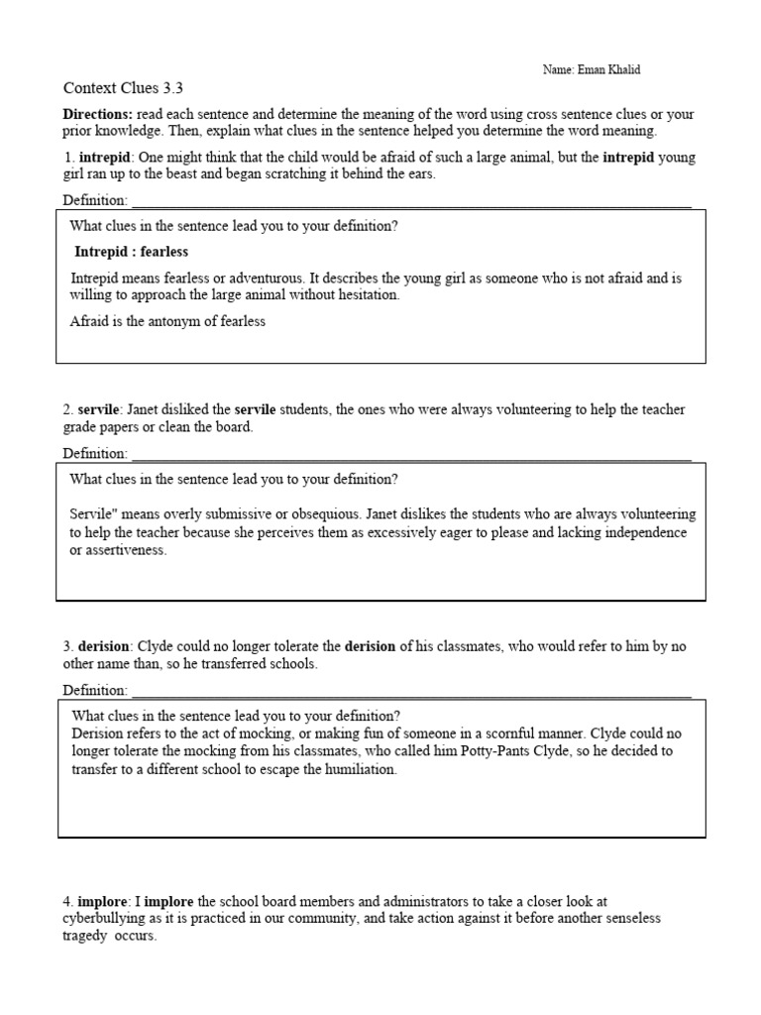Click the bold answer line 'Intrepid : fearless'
click(131, 252)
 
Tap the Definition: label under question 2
click(94, 453)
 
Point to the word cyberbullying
click(108, 918)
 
